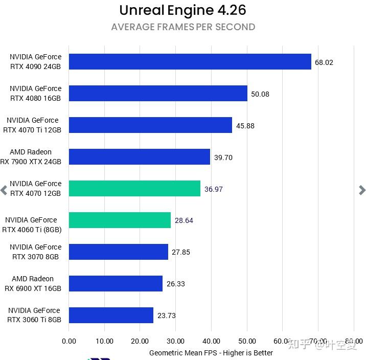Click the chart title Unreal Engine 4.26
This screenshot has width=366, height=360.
click(x=182, y=10)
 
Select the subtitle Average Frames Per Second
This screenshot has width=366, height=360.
click(x=183, y=27)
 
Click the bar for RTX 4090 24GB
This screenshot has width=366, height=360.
click(x=190, y=62)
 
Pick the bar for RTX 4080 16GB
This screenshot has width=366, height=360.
click(x=158, y=94)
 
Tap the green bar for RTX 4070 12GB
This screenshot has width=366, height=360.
click(x=134, y=189)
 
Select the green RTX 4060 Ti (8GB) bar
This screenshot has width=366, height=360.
click(x=120, y=220)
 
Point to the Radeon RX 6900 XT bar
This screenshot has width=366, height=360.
click(x=116, y=284)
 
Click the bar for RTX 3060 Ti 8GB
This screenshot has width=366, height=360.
click(x=111, y=316)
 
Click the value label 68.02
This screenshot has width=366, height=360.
click(x=324, y=62)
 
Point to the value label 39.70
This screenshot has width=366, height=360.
click(x=223, y=157)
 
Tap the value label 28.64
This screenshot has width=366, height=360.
click(x=184, y=220)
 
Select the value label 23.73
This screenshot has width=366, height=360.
click(x=167, y=316)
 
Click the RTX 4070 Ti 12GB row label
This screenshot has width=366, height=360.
click(x=33, y=125)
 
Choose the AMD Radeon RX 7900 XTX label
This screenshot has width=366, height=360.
click(x=32, y=157)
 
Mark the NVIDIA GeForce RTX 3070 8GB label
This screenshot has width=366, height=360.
click(x=35, y=252)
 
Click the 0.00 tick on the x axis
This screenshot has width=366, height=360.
click(x=68, y=341)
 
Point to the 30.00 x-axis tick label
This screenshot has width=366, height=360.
click(x=176, y=341)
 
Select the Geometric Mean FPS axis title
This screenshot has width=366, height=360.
click(x=211, y=353)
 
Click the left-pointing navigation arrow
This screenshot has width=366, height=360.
click(x=4, y=190)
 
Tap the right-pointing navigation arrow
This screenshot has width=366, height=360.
click(x=362, y=190)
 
